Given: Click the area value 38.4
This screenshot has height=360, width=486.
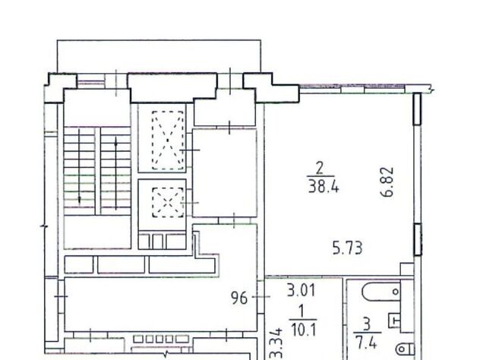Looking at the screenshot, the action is (x=323, y=188).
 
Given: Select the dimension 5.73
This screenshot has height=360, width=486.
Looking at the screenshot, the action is (x=347, y=248).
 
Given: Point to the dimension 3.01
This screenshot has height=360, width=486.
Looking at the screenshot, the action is (x=301, y=291).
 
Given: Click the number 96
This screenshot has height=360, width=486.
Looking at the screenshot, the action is (x=240, y=298).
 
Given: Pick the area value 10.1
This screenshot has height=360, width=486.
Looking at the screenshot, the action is (x=304, y=330).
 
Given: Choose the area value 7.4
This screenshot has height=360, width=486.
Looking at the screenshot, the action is (x=366, y=343).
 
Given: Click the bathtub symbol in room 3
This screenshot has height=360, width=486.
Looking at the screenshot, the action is (x=381, y=292).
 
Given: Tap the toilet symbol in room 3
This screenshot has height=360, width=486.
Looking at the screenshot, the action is (x=405, y=349).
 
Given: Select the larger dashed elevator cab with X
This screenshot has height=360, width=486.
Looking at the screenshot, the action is (x=168, y=141).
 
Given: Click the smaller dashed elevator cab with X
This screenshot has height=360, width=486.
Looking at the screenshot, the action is (x=168, y=203).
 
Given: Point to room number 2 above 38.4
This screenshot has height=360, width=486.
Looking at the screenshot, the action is (x=320, y=169).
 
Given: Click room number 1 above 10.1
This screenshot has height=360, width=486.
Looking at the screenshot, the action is (x=301, y=311).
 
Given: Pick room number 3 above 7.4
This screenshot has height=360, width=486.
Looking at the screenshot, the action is (x=367, y=324).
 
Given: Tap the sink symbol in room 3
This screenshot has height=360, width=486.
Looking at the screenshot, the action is (x=394, y=320).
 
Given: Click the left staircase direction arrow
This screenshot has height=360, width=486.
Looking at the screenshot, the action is (x=79, y=166).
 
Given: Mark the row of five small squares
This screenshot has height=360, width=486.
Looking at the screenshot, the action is (x=161, y=339).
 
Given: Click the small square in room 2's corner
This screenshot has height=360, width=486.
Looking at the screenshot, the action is (x=407, y=269).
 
